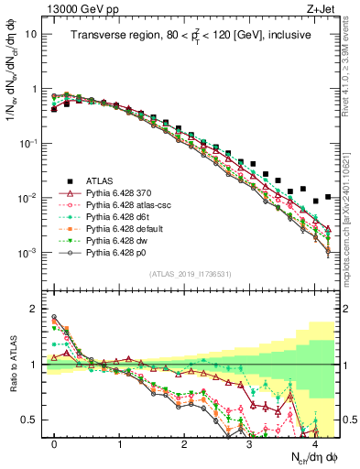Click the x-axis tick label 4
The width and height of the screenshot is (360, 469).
pyautogui.click(x=314, y=444)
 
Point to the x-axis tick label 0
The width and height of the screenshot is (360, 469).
pyautogui.click(x=54, y=444)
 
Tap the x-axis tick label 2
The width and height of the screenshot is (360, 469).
pyautogui.click(x=184, y=444)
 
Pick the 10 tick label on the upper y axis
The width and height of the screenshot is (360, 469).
pyautogui.click(x=32, y=34)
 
